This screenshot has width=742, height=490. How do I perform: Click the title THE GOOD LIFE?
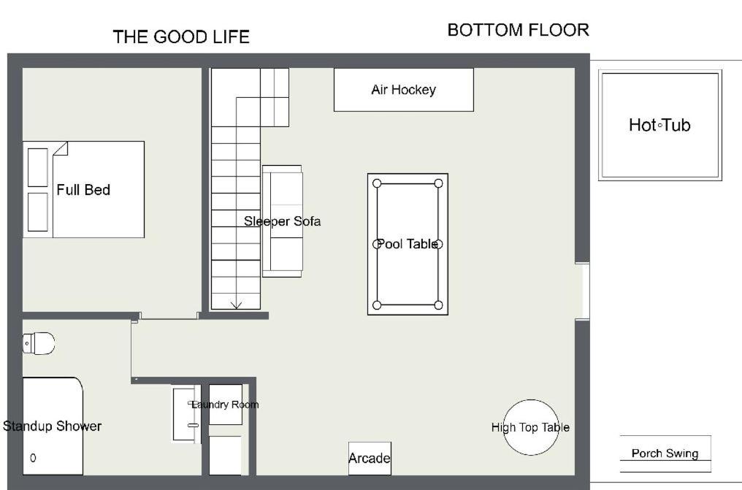[181, 37]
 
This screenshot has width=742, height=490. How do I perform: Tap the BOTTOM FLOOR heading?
[519, 30]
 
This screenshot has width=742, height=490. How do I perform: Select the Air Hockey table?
[404, 90]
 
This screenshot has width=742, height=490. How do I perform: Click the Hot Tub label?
[659, 125]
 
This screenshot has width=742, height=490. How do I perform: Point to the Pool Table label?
[408, 244]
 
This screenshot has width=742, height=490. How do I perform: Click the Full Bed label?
[83, 190]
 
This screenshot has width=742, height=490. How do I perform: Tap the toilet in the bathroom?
[38, 343]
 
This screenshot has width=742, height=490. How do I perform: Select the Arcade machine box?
[370, 459]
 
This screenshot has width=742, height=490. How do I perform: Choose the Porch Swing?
[665, 453]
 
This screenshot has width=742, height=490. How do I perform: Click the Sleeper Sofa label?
[283, 221]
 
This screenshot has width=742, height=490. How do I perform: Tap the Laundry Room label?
[225, 405]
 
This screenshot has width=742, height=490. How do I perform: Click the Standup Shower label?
[52, 426]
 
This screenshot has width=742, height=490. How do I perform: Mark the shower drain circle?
[33, 458]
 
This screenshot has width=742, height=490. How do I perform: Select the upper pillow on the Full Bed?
[38, 167]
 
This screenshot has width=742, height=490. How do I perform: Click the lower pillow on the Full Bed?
[38, 212]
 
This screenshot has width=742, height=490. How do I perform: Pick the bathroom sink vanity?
[186, 414]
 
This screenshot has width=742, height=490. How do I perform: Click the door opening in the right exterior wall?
[583, 291]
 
